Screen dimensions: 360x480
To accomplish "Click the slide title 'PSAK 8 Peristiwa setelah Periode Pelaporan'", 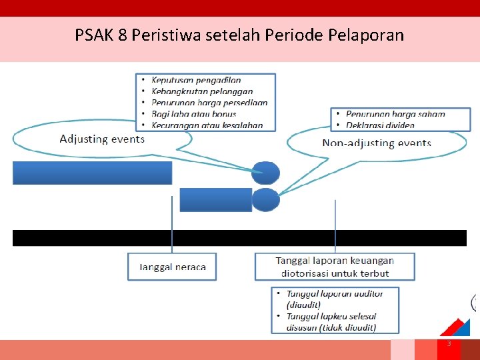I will pyautogui.click(x=239, y=35).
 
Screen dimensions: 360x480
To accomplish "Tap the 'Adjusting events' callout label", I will pyautogui.click(x=102, y=139).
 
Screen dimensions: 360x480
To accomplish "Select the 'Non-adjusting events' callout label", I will pyautogui.click(x=377, y=143).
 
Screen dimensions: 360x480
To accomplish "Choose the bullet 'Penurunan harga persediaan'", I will pyautogui.click(x=209, y=103).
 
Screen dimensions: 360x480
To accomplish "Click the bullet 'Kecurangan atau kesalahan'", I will pyautogui.click(x=207, y=125).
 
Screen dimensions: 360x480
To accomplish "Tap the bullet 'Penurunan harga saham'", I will pyautogui.click(x=395, y=114).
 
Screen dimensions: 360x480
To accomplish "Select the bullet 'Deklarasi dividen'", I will pyautogui.click(x=380, y=125).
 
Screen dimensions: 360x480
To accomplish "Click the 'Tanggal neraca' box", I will pyautogui.click(x=172, y=267).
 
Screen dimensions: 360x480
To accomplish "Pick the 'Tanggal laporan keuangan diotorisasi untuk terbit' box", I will pyautogui.click(x=335, y=267).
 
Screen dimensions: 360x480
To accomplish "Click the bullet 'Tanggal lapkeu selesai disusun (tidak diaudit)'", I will pyautogui.click(x=331, y=321).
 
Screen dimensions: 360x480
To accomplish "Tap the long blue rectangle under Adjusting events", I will pyautogui.click(x=92, y=173).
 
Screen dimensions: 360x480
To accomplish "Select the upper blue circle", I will pyautogui.click(x=266, y=173).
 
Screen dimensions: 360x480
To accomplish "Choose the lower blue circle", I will pyautogui.click(x=266, y=199).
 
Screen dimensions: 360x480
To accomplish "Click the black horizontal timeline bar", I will pyautogui.click(x=239, y=238).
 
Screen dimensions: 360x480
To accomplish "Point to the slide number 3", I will pyautogui.click(x=449, y=343).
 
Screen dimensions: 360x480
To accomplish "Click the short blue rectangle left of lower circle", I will pyautogui.click(x=215, y=199).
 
